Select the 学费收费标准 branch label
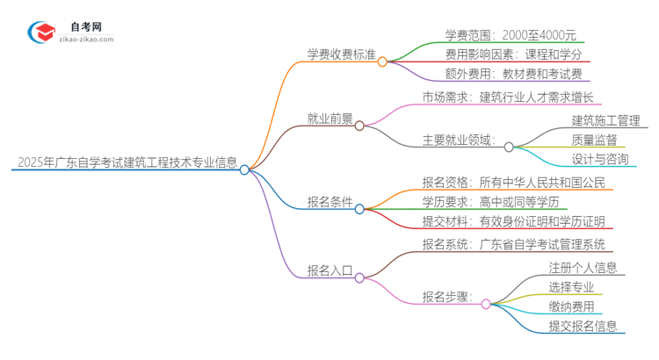340,54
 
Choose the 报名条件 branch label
329,202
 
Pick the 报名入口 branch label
329,271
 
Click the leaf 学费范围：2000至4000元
498,36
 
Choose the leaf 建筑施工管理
606,119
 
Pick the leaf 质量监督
594,140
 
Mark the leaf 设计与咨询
599,159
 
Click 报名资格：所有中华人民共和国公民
513,183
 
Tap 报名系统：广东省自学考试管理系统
513,245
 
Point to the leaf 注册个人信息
582,267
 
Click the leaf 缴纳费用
571,306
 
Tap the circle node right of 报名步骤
486,303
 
